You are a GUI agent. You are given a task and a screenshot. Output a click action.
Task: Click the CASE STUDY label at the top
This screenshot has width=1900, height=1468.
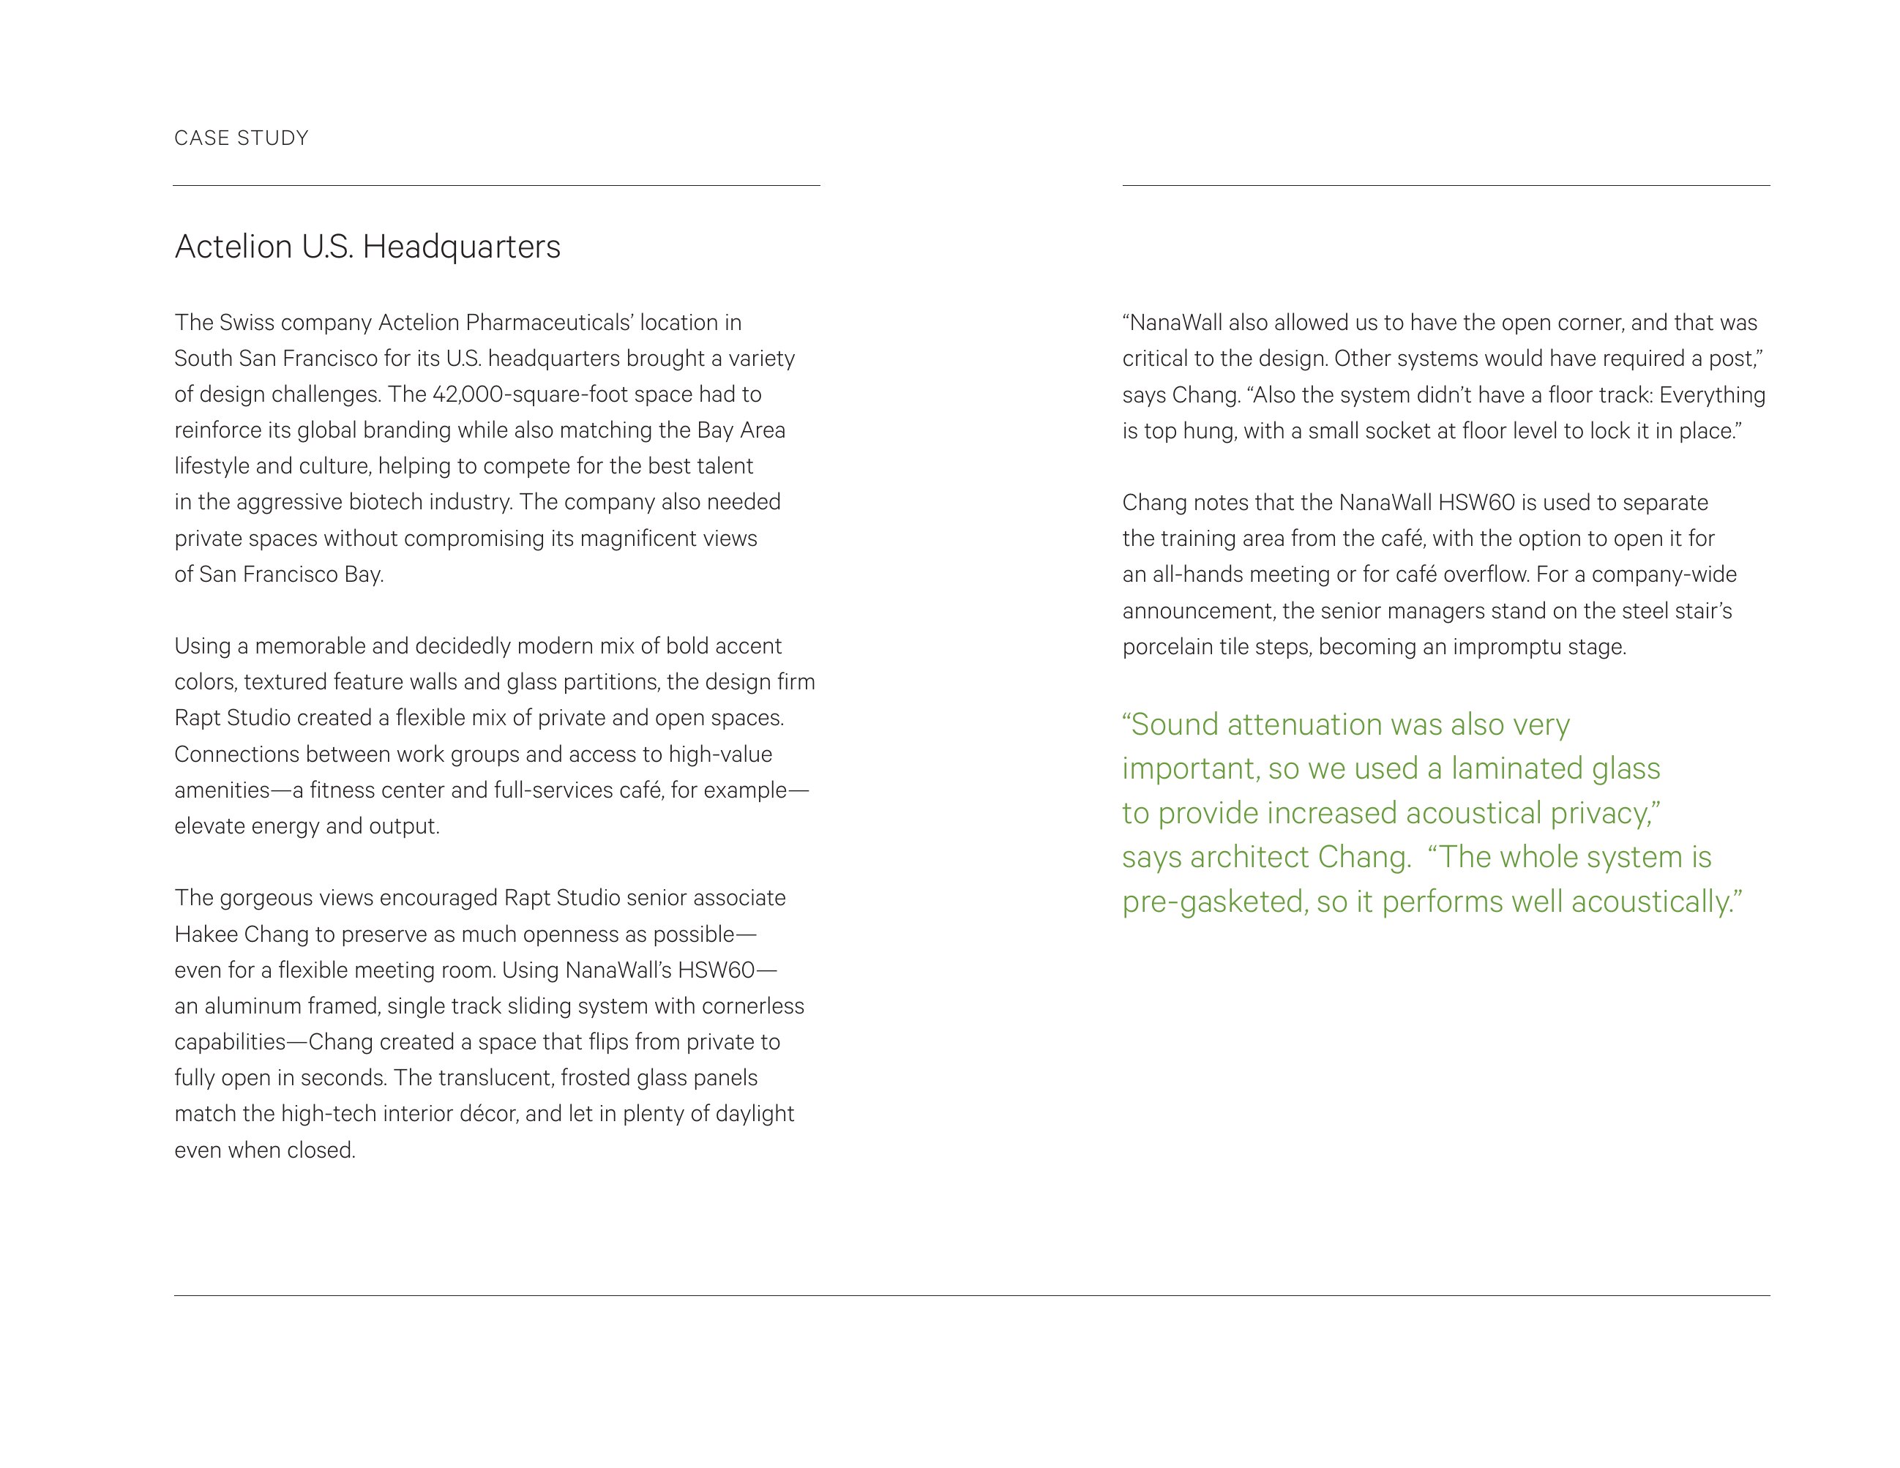tap(241, 138)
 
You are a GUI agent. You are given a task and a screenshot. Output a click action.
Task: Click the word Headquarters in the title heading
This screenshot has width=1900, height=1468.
tap(461, 247)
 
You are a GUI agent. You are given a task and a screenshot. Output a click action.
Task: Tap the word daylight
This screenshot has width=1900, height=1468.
tap(755, 1114)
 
